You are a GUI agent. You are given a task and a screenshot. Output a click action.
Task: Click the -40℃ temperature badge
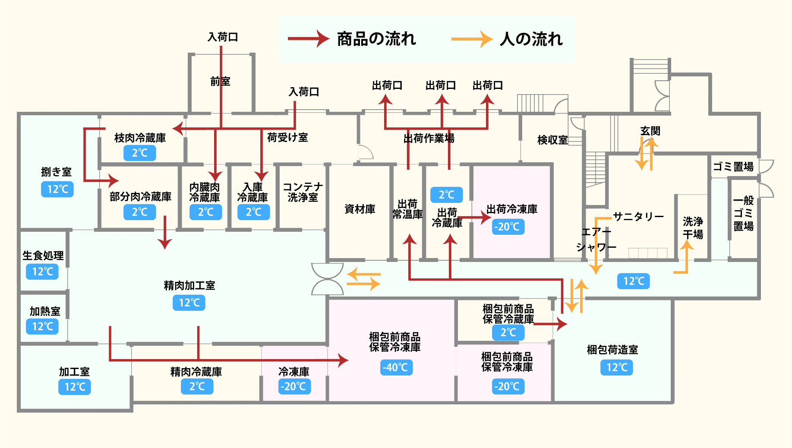point(397,367)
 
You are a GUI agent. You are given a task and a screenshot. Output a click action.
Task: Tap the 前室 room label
point(220,81)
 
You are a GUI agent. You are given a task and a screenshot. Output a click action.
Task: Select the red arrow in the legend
point(308,39)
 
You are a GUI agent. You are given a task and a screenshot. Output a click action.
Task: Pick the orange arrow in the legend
point(472,39)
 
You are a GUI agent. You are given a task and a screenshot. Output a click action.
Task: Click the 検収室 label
point(552,140)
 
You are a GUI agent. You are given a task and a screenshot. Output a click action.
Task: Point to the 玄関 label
point(650,131)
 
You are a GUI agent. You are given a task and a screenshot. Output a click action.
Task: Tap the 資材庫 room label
point(360,209)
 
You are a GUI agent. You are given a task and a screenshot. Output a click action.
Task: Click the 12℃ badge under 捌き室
point(57,189)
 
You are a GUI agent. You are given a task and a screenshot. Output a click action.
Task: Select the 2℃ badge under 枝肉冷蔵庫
point(139,153)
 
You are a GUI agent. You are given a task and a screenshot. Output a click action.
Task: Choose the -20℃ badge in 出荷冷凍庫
point(508,227)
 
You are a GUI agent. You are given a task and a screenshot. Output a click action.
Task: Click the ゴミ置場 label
point(733,167)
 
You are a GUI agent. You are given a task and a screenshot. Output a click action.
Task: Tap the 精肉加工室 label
point(189,285)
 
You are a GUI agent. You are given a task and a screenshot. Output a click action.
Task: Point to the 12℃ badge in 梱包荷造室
point(617,367)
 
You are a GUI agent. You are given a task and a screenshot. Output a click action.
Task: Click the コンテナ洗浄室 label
point(303,192)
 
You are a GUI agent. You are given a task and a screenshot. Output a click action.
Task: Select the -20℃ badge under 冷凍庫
point(294,386)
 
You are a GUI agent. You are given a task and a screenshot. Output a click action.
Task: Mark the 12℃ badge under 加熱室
point(42,326)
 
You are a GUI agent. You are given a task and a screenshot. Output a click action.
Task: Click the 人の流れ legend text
point(531,39)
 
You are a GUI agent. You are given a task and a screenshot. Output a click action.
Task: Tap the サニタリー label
point(638,216)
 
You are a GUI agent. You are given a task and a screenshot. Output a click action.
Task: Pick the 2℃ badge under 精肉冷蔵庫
point(197,386)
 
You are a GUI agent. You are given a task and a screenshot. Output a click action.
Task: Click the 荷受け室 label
point(287,137)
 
